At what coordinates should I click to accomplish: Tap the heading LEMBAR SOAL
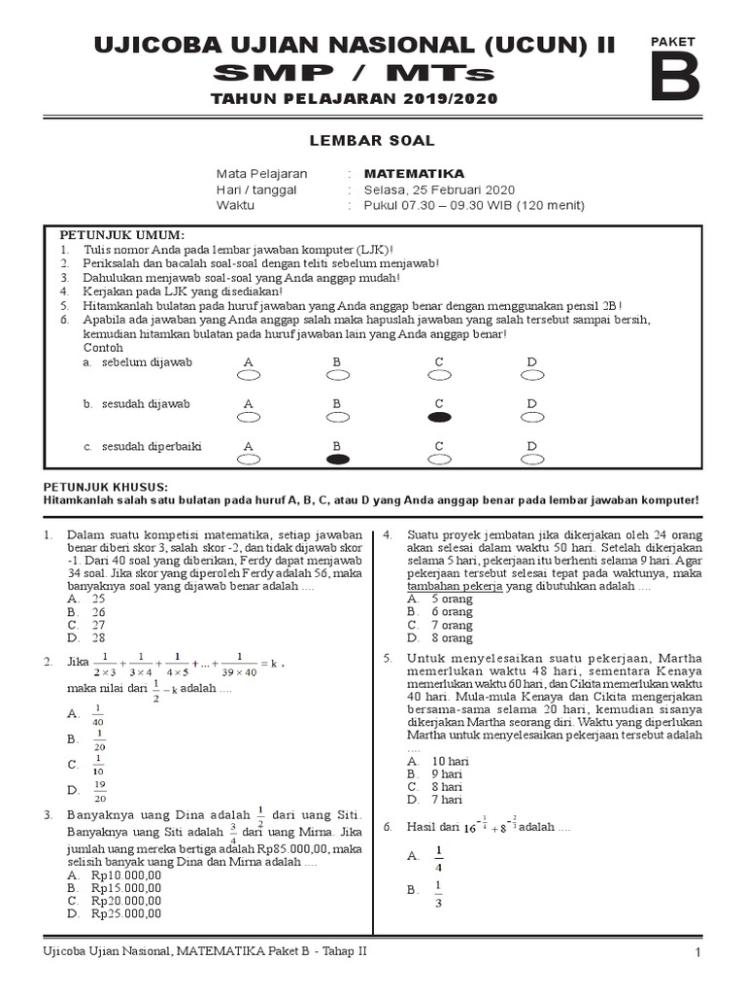[372, 141]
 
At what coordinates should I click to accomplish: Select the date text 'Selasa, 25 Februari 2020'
[425, 189]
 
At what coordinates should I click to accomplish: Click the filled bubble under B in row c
[338, 460]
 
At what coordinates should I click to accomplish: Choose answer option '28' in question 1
[98, 638]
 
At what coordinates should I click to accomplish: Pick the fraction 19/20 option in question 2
[98, 792]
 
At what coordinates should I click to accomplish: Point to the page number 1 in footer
[697, 952]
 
